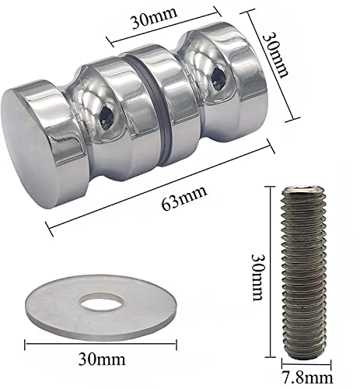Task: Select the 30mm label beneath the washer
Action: [x=100, y=361]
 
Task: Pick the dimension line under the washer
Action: [x=100, y=342]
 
